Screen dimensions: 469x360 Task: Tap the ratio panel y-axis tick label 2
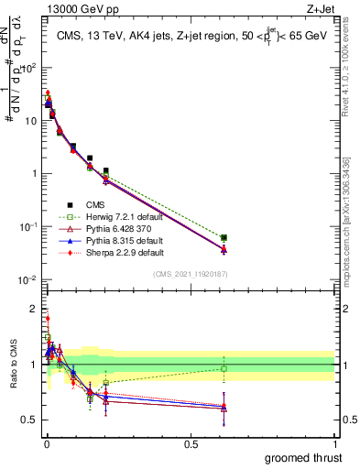pyautogui.click(x=32, y=309)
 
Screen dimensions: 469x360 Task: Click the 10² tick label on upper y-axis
pyautogui.click(x=29, y=68)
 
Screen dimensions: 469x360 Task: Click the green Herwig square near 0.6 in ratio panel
pyautogui.click(x=224, y=369)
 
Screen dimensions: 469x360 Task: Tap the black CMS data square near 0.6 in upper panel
pyautogui.click(x=224, y=238)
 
